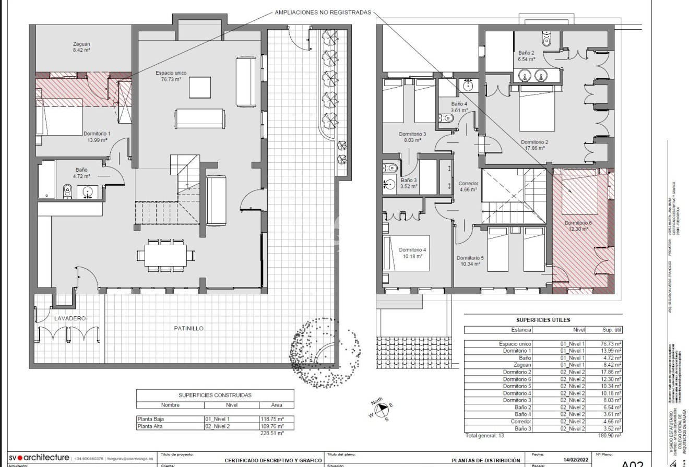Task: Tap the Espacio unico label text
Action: click(171, 73)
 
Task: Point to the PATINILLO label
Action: click(188, 328)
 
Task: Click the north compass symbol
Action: click(382, 410)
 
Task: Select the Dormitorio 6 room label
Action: click(578, 223)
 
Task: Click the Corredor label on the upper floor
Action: click(468, 184)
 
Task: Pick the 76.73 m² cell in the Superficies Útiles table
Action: click(610, 344)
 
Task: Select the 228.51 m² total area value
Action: click(272, 433)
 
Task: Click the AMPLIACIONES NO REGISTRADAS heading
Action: click(323, 11)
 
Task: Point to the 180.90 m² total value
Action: click(610, 435)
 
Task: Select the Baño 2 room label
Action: click(526, 53)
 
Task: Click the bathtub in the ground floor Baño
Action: click(47, 179)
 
